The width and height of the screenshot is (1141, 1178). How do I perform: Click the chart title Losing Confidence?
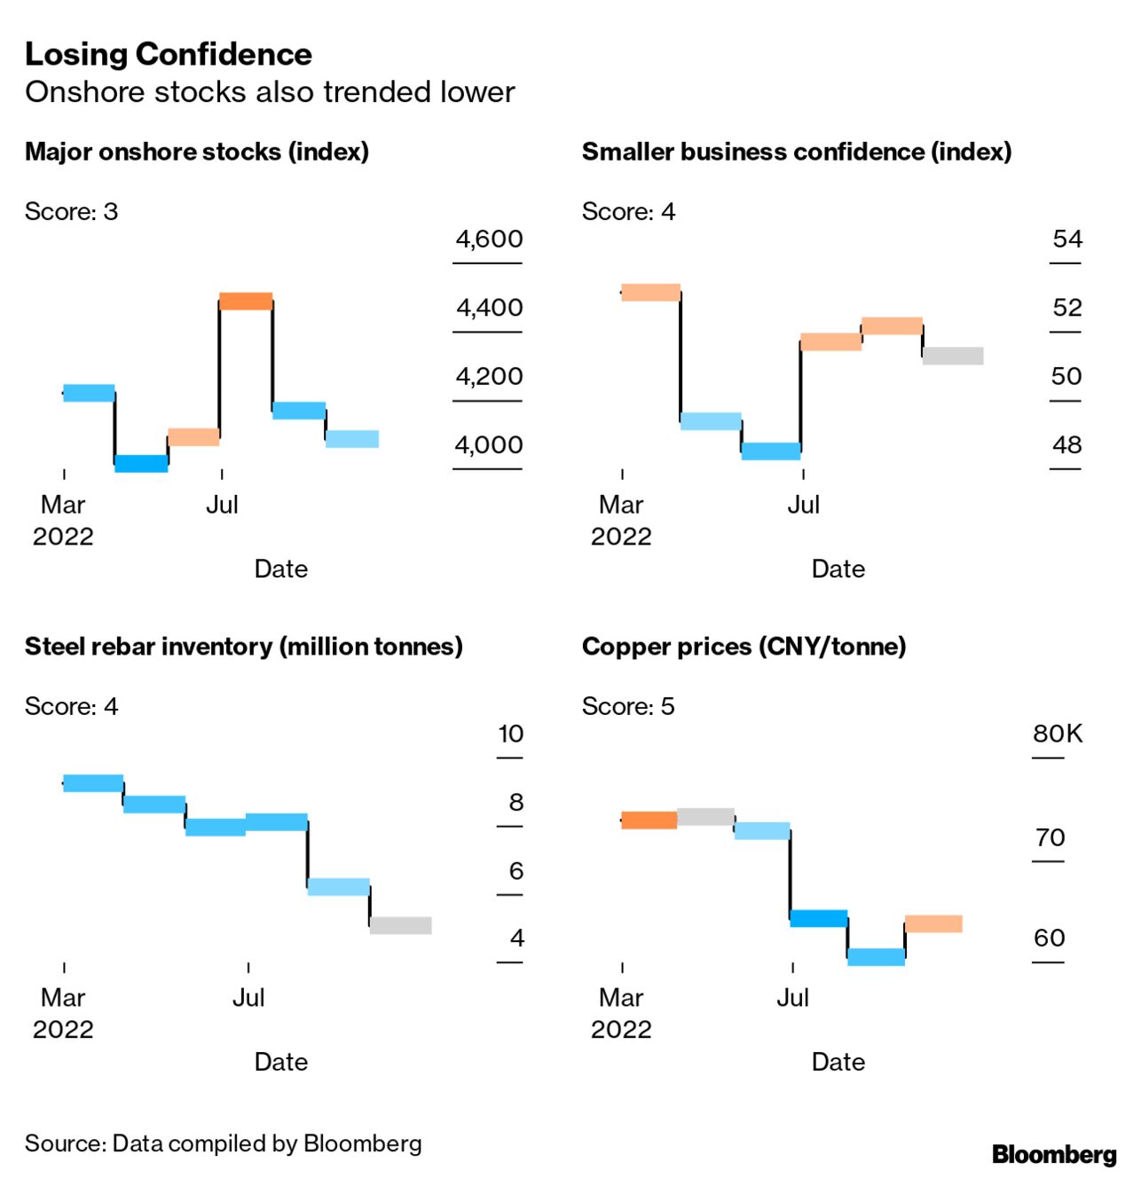click(x=169, y=54)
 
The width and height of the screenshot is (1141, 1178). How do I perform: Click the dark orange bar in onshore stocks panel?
click(x=246, y=301)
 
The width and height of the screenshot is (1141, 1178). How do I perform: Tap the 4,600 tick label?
click(x=489, y=239)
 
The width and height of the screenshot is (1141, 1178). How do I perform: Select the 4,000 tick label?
click(x=489, y=444)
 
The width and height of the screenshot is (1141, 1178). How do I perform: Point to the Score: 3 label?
click(x=71, y=211)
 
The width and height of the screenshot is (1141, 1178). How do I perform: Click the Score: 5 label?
click(x=628, y=706)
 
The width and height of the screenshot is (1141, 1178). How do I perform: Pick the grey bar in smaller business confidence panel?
click(x=953, y=356)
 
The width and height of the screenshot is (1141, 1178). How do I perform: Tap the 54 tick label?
click(x=1067, y=239)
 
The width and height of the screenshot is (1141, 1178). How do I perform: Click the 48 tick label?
click(x=1066, y=444)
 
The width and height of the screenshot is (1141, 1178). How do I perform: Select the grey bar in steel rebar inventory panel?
click(x=401, y=925)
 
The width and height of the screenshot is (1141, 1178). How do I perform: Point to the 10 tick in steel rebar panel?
click(x=511, y=734)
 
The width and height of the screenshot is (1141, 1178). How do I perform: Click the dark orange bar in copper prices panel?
click(x=649, y=820)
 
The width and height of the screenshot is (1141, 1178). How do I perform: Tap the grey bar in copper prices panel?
click(x=705, y=817)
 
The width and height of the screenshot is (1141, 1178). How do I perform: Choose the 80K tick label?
click(x=1058, y=734)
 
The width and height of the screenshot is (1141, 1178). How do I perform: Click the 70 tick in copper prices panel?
click(x=1050, y=837)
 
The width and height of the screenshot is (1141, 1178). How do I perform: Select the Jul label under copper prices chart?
click(x=792, y=998)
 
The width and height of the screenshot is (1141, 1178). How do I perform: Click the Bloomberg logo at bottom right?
click(x=1054, y=1154)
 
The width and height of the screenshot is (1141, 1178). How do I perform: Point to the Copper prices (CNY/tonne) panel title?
click(x=744, y=647)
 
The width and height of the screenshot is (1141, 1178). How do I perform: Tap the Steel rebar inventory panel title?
click(x=244, y=647)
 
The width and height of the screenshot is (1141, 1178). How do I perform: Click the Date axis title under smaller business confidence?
click(x=838, y=569)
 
